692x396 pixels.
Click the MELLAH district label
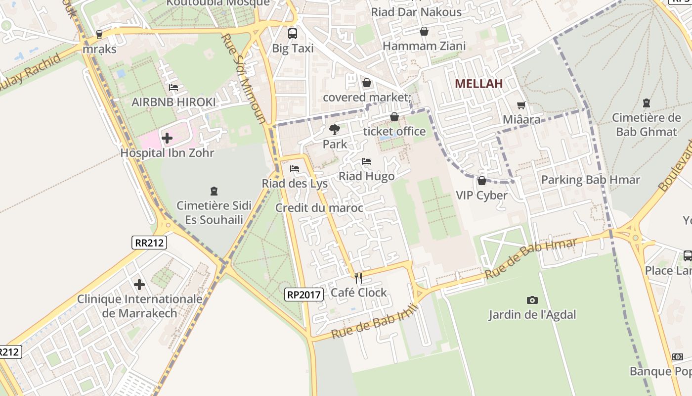tap(478, 84)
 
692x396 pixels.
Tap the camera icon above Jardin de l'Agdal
tap(532, 300)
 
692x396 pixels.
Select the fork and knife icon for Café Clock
tap(358, 278)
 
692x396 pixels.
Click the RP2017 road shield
tap(304, 295)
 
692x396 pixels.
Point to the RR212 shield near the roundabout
tap(149, 243)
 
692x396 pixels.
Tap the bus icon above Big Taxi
tap(293, 34)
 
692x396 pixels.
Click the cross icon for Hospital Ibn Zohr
tap(167, 138)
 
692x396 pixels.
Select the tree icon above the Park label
tap(335, 130)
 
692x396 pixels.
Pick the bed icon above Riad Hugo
tap(366, 162)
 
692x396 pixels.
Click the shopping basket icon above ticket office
tap(394, 117)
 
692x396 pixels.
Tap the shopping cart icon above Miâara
tap(521, 105)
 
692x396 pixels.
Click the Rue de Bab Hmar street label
tap(531, 258)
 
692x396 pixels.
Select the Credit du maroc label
tap(319, 208)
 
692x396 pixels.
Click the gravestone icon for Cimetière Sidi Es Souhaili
tap(214, 191)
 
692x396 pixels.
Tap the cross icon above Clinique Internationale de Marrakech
tap(139, 285)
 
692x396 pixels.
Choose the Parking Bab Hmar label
tap(590, 180)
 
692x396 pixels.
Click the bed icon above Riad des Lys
tap(295, 169)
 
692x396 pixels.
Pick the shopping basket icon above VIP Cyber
tap(481, 181)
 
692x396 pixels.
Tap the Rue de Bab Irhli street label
tap(375, 322)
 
